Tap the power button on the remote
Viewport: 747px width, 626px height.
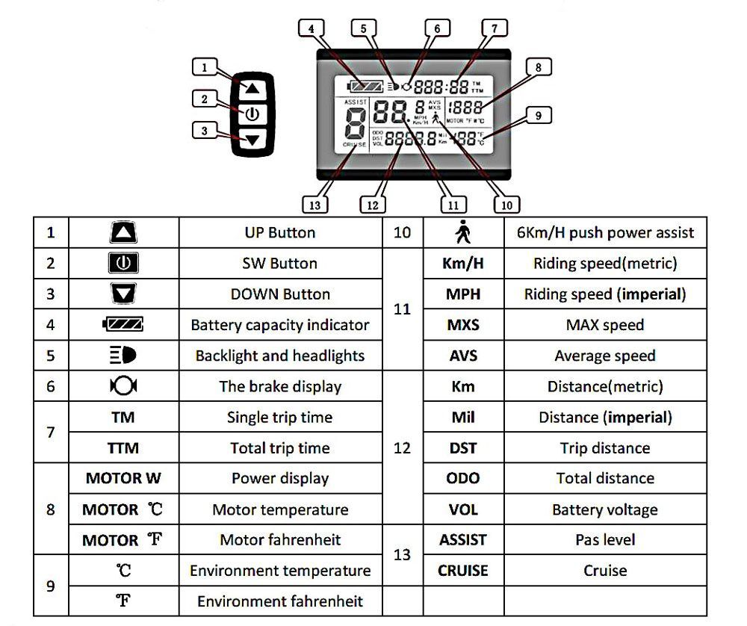click(x=252, y=114)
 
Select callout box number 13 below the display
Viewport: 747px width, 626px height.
click(x=314, y=203)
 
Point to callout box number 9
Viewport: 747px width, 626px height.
click(x=538, y=115)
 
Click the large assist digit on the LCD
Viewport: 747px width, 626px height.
click(x=355, y=123)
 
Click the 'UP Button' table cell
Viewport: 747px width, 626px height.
click(x=280, y=232)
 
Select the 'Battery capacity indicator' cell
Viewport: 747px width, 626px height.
click(x=280, y=325)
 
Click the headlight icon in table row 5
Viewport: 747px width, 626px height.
click(x=123, y=356)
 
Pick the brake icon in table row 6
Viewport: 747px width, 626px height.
click(x=123, y=386)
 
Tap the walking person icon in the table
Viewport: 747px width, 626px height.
click(x=462, y=233)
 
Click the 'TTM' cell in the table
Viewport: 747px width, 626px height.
click(x=123, y=448)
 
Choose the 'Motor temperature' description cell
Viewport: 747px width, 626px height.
click(x=280, y=510)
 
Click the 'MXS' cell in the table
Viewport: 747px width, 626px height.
click(x=463, y=325)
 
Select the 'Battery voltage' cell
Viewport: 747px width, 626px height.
click(x=604, y=510)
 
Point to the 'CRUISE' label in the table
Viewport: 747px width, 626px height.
click(x=463, y=571)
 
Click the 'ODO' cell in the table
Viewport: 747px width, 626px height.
click(x=463, y=478)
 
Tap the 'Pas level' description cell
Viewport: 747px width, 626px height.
click(x=604, y=539)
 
